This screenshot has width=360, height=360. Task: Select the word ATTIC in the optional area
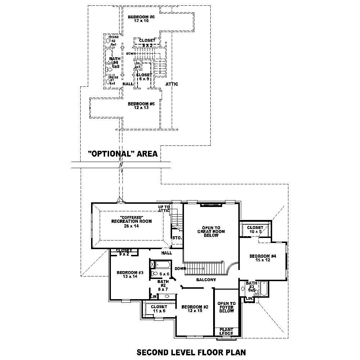pos(172,84)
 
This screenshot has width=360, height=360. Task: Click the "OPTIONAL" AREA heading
pos(123,154)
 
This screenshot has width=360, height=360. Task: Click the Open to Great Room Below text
pos(211,231)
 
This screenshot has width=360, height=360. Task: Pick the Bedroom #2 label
pos(195,309)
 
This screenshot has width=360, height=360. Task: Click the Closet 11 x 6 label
pos(159,309)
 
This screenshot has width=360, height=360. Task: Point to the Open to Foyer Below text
pos(226,307)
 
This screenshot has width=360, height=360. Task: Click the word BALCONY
pos(206,280)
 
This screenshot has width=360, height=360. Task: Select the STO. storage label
pos(177,238)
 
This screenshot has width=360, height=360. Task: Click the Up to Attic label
pos(164,209)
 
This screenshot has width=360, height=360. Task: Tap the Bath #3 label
pos(252,286)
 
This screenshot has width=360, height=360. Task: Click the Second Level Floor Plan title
pos(191,352)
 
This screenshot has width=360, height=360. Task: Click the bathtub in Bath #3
pos(264,289)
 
